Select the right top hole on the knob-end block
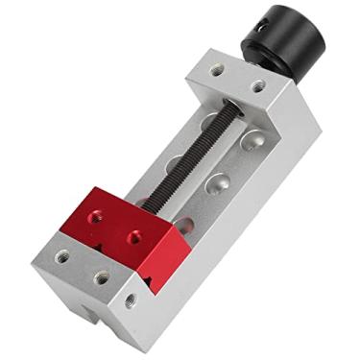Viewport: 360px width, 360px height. (256, 86)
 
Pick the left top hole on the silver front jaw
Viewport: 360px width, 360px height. (63, 257)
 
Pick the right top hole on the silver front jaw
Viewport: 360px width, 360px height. (101, 277)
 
